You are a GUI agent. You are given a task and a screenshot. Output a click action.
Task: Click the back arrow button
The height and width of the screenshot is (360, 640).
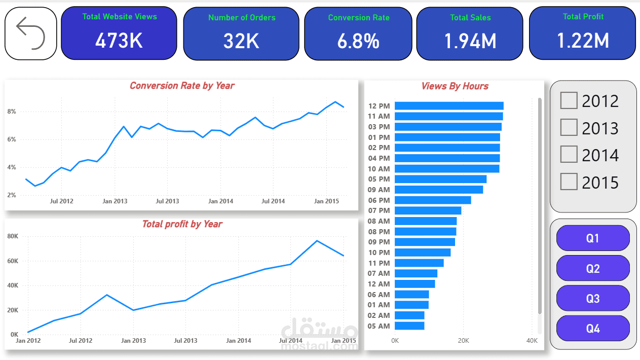point(30,33)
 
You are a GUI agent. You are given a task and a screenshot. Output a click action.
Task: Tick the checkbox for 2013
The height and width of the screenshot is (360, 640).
point(569,128)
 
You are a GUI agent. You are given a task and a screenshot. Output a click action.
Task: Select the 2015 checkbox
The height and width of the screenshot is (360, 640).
point(569,182)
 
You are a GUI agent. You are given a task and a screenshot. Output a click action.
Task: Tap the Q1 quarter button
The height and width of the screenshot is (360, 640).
point(593,238)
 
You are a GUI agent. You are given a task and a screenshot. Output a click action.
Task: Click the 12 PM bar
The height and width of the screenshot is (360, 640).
point(449,106)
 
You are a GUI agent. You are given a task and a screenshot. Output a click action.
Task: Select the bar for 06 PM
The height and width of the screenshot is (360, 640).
point(433,200)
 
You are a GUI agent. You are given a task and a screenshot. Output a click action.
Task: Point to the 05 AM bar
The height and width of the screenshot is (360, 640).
point(409,326)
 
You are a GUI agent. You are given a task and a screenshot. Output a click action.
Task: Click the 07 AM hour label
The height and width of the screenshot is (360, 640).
point(379,274)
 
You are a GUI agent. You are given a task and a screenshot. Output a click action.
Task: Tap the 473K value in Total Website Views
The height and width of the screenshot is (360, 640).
point(119,41)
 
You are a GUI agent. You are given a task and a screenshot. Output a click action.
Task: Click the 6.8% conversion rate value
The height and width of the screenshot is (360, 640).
point(358,41)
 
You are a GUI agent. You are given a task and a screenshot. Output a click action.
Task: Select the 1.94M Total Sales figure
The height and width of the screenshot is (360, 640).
point(470,41)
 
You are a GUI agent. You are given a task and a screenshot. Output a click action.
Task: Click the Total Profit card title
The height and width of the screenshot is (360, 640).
point(583,17)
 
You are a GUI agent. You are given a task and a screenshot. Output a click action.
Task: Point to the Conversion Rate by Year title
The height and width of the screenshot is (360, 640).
point(182,86)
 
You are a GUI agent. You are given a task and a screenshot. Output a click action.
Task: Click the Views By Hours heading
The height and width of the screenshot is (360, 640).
point(455,86)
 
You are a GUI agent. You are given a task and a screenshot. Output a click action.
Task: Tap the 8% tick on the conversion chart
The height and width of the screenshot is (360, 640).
point(12,112)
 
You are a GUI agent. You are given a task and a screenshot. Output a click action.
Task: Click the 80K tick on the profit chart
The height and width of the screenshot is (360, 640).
point(13,236)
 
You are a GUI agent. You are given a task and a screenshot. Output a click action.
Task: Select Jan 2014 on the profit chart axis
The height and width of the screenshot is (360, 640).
point(238,341)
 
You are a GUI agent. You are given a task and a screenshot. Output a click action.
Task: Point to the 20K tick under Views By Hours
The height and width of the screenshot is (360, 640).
point(463,341)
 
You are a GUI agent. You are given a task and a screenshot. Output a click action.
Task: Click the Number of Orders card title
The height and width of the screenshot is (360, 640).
point(242,18)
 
